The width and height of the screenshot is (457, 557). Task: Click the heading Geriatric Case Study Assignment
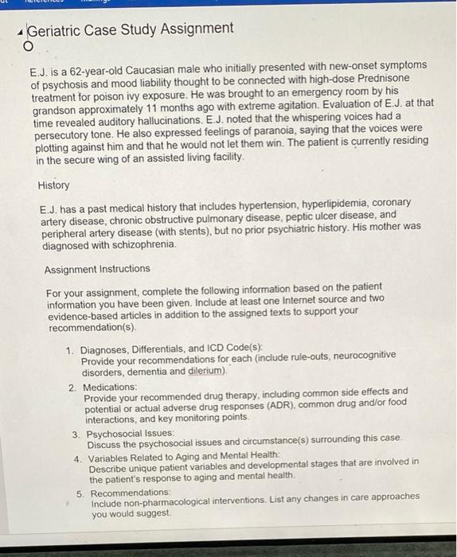[x=131, y=29]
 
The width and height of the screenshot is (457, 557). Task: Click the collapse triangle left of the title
[x=19, y=31]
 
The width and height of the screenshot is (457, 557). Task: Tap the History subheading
[x=53, y=185]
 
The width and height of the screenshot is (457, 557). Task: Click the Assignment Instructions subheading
[x=97, y=269]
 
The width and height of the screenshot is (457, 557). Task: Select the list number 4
[x=77, y=459]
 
